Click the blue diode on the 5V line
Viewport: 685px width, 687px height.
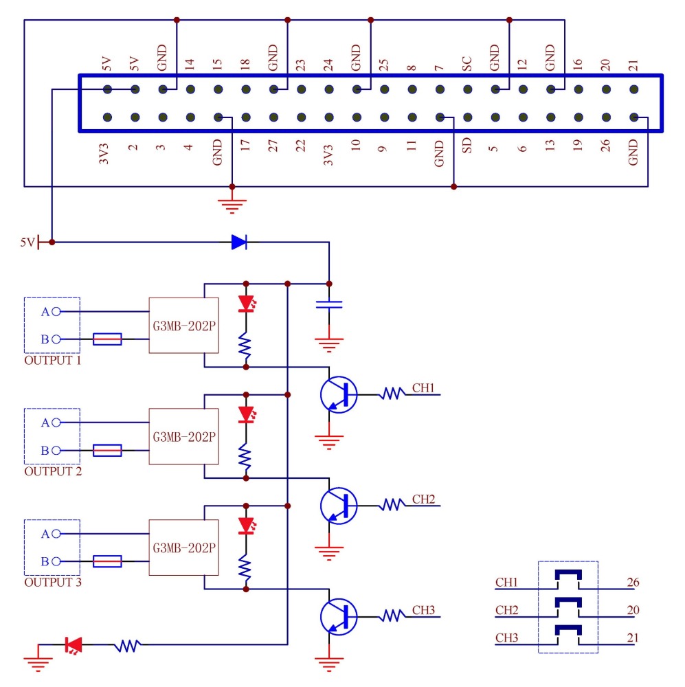[239, 242]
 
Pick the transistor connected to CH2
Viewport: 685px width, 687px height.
[338, 506]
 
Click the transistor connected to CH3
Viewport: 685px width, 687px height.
[338, 616]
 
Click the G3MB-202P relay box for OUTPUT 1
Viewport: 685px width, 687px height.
[183, 325]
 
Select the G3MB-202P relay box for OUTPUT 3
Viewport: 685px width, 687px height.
[183, 548]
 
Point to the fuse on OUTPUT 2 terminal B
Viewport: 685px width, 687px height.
[107, 450]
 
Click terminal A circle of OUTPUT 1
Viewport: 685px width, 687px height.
[56, 311]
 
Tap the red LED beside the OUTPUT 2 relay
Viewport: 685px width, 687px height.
[245, 415]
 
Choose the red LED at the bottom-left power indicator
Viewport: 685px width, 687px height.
[73, 644]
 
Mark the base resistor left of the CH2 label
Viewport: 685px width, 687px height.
[392, 505]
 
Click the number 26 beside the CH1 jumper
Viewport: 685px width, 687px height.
[633, 583]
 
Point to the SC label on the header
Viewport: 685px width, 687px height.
[467, 65]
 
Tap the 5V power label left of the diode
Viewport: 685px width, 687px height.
[27, 242]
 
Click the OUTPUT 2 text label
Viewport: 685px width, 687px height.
[53, 471]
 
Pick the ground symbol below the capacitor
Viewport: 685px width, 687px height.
[329, 343]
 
